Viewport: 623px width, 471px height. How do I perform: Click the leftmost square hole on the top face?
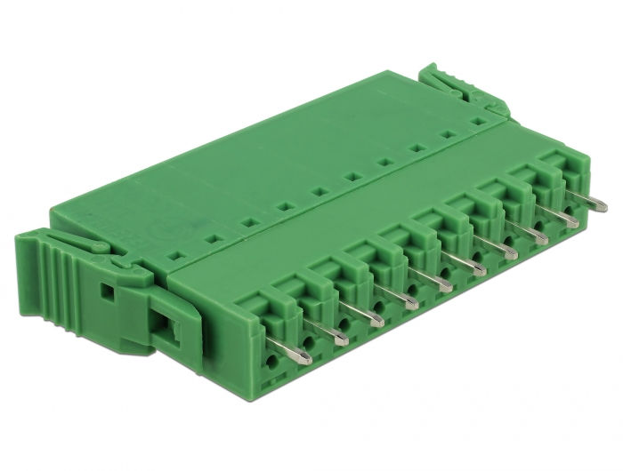(x=177, y=255)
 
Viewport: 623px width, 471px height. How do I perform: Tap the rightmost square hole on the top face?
(x=477, y=122)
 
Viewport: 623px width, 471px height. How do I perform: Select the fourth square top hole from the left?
(x=285, y=207)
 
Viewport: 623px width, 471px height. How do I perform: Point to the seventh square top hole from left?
(x=385, y=163)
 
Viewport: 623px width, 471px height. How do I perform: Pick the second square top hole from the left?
(x=213, y=239)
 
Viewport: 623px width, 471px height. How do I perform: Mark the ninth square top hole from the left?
(x=448, y=135)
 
